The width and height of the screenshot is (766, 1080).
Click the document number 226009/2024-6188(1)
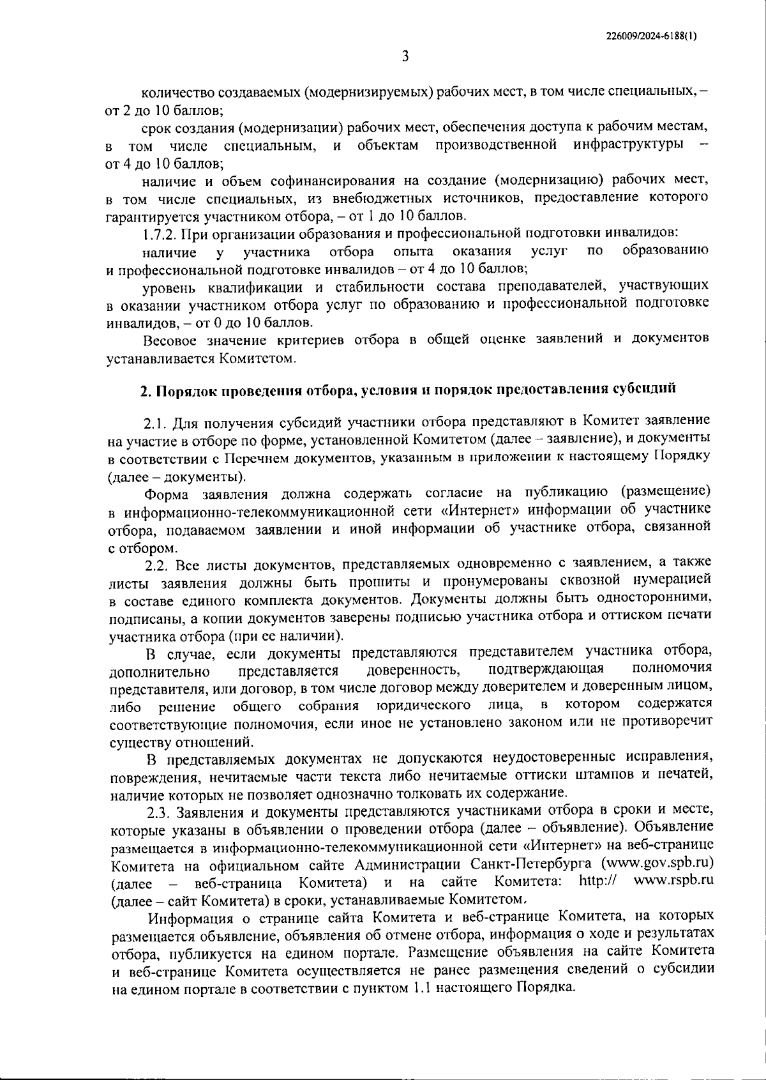(x=650, y=37)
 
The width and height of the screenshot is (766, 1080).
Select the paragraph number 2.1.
(x=157, y=423)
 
